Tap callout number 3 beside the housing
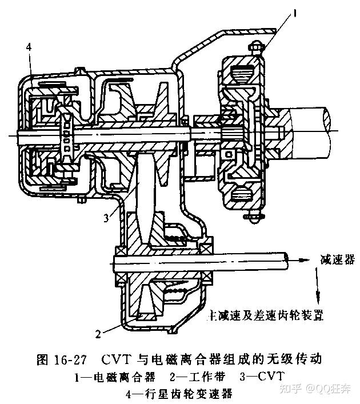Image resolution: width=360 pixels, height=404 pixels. pos(106,218)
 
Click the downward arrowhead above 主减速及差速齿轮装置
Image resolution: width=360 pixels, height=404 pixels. pos(318,297)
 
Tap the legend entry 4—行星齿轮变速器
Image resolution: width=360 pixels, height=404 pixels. pos(181,394)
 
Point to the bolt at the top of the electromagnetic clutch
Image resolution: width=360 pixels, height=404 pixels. pos(256,49)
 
